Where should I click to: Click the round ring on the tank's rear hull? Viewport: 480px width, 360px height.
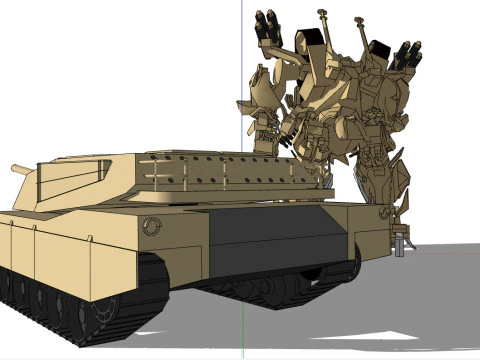pyautogui.click(x=151, y=226)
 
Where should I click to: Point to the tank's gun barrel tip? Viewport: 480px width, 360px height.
pyautogui.click(x=12, y=169)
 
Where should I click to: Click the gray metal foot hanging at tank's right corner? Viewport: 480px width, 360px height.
pyautogui.click(x=403, y=241)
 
